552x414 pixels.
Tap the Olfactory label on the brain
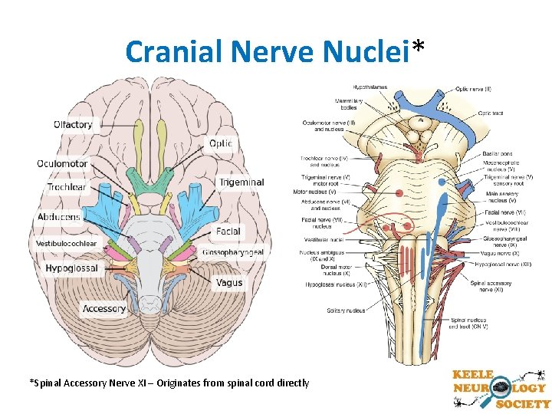pos(73,124)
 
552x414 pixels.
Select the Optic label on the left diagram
pos(220,143)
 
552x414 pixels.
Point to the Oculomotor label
pos(62,163)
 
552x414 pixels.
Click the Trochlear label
pos(66,187)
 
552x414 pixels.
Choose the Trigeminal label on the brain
pos(242,182)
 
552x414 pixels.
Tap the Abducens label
pos(59,217)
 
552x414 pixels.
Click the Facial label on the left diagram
pos(228,231)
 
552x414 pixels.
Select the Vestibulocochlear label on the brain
pos(66,244)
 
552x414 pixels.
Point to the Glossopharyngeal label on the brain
pos(233,252)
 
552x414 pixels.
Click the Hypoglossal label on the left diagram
pos(71,268)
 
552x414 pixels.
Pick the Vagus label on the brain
pos(228,282)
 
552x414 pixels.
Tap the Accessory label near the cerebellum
pos(104,309)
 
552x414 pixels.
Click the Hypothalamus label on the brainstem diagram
pos(370,86)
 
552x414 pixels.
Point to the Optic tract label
pos(491,113)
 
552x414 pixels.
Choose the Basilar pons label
pos(498,154)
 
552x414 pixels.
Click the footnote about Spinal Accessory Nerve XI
pos(169,383)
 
